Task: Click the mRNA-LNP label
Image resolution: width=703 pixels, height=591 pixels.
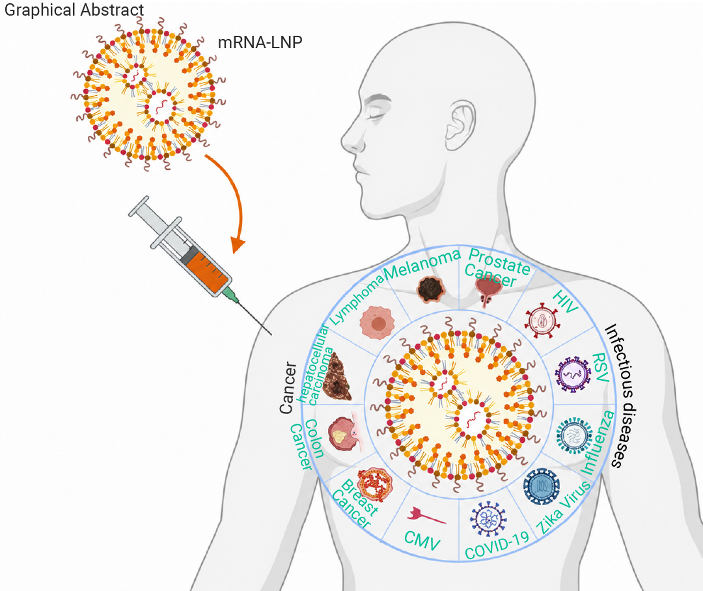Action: [260, 42]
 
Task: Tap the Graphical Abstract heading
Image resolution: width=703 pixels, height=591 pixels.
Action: [74, 9]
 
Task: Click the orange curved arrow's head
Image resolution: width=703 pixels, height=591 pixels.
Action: [238, 245]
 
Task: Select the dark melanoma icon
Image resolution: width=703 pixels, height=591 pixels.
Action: [431, 289]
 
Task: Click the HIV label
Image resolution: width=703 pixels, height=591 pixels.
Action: [566, 301]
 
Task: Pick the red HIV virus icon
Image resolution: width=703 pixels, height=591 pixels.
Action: [542, 321]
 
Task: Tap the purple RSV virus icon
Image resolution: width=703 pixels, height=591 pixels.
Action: [573, 374]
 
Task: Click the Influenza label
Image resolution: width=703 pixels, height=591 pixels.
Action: [598, 442]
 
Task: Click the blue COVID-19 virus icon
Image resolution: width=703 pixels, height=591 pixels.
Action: [488, 518]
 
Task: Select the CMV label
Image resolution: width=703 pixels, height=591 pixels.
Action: [422, 540]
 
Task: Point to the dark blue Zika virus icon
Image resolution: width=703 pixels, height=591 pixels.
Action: [542, 487]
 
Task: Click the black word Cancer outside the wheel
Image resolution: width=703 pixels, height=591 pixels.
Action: [288, 388]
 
